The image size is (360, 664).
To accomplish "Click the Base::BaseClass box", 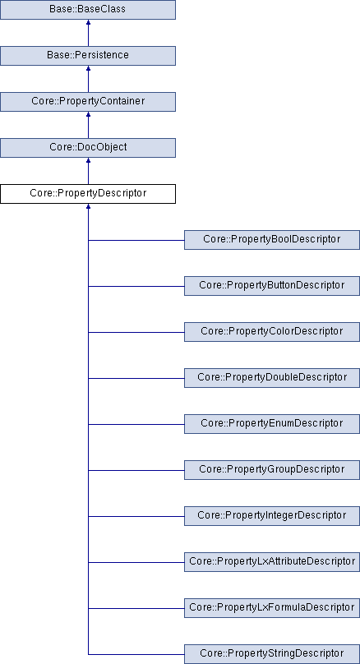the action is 88,9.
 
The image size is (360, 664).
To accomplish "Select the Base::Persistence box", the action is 88,56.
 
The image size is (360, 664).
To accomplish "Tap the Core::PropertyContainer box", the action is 88,102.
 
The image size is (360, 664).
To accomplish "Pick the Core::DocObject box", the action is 88,148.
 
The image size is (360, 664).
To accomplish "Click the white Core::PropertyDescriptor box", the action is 88,193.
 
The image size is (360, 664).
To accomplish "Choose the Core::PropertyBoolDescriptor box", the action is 272,240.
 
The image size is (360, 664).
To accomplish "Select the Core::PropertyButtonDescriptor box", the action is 272,286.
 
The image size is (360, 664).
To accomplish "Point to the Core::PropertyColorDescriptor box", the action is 272,332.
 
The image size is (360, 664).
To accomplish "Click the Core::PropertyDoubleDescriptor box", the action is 272,378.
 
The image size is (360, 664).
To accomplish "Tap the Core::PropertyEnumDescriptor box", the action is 272,424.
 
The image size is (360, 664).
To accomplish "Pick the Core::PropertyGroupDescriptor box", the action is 272,470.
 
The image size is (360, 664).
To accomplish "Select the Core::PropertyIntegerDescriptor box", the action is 272,516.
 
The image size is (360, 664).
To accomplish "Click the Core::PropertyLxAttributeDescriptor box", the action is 272,562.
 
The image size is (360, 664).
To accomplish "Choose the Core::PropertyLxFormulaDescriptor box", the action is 272,608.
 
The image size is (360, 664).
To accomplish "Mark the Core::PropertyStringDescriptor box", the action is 272,654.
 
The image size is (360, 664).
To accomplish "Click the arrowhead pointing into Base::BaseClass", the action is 88,22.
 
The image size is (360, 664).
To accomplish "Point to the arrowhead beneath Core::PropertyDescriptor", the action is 88,206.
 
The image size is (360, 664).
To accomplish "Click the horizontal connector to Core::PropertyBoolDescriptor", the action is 136,240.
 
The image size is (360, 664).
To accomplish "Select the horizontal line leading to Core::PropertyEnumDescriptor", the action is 136,424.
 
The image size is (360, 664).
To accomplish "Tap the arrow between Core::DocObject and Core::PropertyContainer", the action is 88,125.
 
